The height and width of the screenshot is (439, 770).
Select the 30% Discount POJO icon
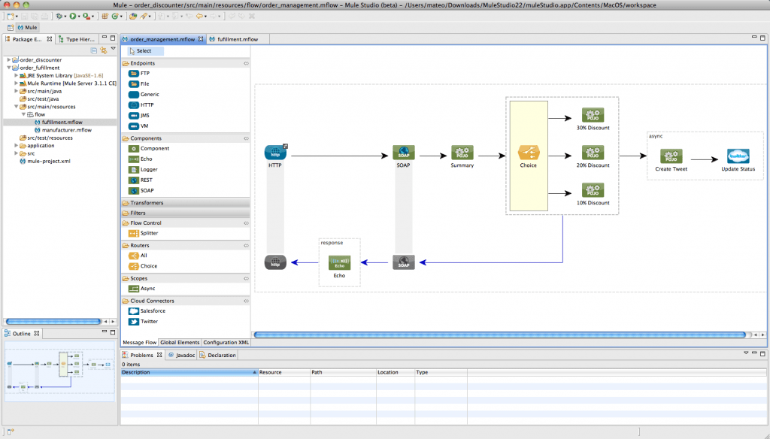coord(593,115)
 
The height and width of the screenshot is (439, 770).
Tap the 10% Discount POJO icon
coord(593,190)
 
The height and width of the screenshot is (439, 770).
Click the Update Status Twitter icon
coord(738,156)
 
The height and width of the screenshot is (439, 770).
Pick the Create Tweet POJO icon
coord(671,156)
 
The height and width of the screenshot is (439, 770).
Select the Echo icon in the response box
coord(339,262)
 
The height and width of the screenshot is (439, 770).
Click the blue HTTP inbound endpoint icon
coord(275,153)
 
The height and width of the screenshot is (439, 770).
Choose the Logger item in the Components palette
coord(149,170)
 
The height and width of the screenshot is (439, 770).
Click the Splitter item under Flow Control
coord(149,233)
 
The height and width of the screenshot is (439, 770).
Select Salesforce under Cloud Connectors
coord(153,310)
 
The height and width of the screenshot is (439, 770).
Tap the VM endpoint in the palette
coord(144,126)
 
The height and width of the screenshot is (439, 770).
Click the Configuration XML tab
coord(226,342)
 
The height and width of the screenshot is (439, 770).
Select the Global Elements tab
coord(180,342)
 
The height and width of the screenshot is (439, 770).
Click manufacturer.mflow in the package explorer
coord(66,129)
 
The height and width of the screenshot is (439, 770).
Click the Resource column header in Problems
coord(271,372)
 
